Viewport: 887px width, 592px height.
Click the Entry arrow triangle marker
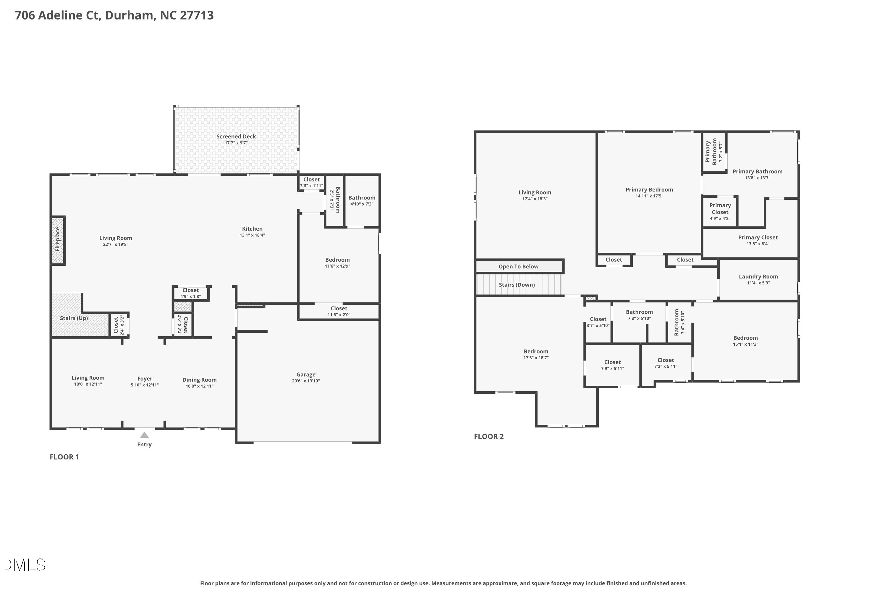coord(145,435)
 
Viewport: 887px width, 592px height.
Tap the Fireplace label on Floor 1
coord(58,239)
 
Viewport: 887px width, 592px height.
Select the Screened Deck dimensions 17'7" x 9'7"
coord(236,143)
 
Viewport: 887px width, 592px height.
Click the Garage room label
coord(306,374)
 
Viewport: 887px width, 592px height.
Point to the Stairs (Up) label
coord(74,318)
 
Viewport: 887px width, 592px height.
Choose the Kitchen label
coord(252,229)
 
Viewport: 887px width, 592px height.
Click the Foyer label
coord(145,379)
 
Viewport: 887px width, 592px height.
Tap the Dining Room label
coord(200,380)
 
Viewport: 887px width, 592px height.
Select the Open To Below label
coord(518,267)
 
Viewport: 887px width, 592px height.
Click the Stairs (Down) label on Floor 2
coord(517,285)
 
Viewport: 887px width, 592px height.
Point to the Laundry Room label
coord(758,277)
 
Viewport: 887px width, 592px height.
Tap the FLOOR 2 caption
coord(489,436)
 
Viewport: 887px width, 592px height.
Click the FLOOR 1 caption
coord(64,457)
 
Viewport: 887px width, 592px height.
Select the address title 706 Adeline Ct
coord(114,15)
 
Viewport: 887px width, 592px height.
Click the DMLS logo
coord(24,565)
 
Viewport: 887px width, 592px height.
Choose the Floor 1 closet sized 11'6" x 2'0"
coord(339,311)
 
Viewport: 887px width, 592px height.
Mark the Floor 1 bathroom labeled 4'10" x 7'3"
coord(362,200)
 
